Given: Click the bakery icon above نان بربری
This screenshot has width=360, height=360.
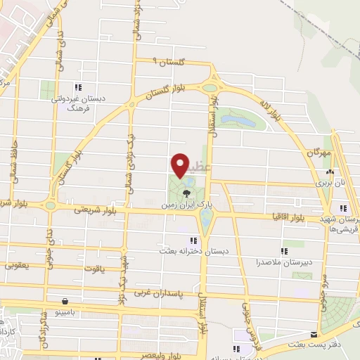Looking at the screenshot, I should (329, 172).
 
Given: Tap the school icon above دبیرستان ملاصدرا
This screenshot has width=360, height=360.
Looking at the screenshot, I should (285, 250).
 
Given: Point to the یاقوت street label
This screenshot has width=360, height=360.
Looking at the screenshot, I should (101, 268).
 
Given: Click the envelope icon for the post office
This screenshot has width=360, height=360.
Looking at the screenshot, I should (315, 335).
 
